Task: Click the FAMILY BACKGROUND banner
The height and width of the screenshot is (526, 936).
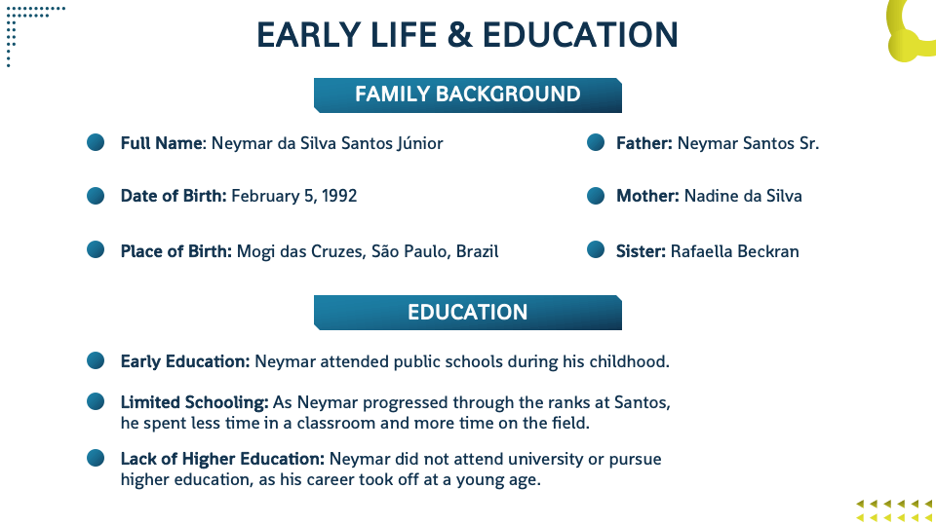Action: (x=467, y=94)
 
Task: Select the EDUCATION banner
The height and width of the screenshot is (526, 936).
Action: (x=467, y=313)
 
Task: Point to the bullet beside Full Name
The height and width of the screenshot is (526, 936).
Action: (x=96, y=142)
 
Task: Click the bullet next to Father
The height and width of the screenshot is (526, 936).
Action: (x=596, y=142)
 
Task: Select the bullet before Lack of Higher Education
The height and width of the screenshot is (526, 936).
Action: (x=96, y=458)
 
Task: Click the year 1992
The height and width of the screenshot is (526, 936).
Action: (x=339, y=196)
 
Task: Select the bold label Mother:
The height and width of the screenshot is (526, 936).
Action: (x=647, y=196)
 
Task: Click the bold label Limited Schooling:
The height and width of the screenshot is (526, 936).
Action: (x=195, y=403)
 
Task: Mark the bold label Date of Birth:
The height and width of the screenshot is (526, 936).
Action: (x=174, y=196)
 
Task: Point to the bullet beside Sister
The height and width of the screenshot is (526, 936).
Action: (x=596, y=249)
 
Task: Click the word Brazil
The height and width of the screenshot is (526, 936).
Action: (x=477, y=251)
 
